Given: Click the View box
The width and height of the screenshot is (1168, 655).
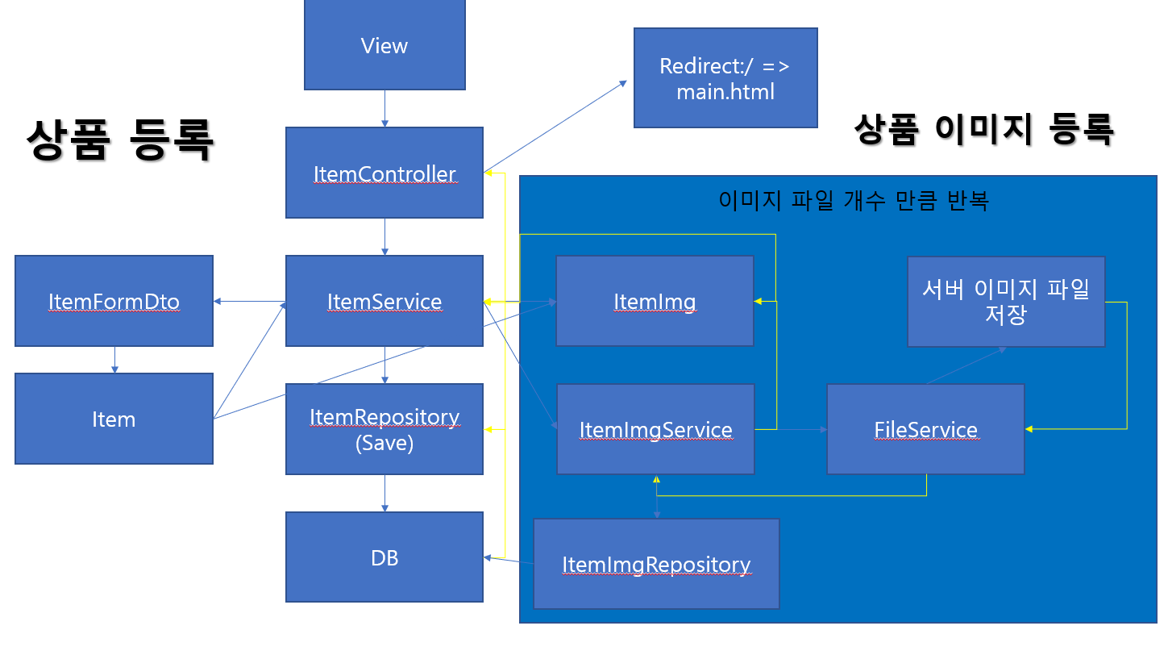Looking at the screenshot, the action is pos(384,45).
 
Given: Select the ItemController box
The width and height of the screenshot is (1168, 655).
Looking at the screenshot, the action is pos(384,173).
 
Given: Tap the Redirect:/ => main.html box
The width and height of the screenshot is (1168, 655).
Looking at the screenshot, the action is pos(725,77).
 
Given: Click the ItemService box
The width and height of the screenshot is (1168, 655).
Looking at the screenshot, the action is pos(384,301).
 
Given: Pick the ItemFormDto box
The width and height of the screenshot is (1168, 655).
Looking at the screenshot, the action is pos(114,301).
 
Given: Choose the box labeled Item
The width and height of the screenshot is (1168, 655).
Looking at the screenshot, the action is pos(114,419).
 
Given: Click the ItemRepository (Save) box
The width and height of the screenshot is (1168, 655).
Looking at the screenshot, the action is pos(384,429).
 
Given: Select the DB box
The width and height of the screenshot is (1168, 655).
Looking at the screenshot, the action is pos(384,557).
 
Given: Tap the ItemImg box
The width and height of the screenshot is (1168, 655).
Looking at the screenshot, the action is pos(655,301).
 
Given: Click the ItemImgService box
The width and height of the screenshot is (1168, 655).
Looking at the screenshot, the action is pos(656,429).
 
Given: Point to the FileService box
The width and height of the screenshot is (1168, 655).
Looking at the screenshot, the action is pos(926,429).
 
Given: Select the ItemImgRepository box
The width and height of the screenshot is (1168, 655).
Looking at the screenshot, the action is pos(656,564).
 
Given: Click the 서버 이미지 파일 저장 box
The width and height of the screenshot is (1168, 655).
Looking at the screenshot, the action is pos(1006,302).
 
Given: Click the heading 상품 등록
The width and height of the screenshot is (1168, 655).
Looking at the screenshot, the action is pos(120,140).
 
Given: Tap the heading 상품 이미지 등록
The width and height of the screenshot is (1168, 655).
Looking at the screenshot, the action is pos(984,129).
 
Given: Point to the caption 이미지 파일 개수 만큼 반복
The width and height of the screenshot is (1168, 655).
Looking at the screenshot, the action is pos(854,200).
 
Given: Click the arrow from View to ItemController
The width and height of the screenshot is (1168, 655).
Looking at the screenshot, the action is pos(384,109).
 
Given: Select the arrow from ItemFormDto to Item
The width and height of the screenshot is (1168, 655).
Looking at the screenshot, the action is pos(114,360).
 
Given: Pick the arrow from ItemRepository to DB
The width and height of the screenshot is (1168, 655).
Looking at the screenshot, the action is pos(384,494).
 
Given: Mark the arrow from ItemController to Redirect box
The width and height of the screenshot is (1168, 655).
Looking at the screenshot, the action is pos(555,127).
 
